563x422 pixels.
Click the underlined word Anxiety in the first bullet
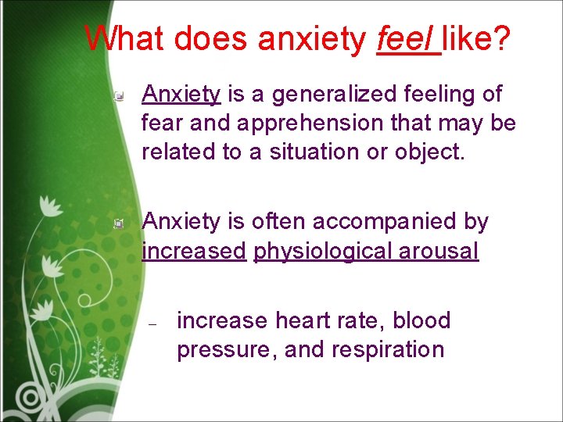[181, 95]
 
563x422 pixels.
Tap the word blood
[421, 320]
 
